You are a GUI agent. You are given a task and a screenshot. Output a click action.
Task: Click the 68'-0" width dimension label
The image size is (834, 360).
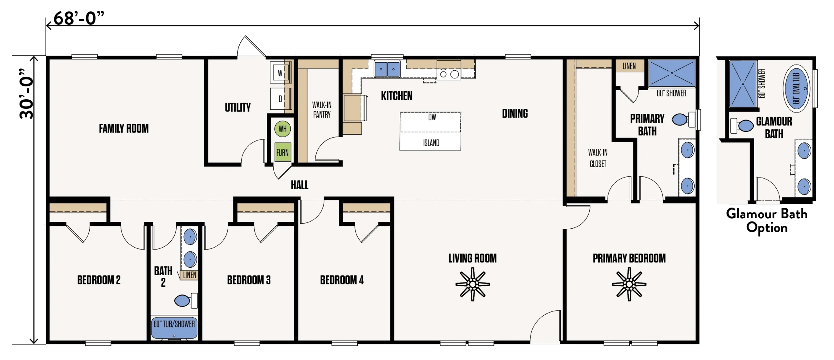(x=79, y=18)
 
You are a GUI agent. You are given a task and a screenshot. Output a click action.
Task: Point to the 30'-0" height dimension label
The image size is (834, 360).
(x=26, y=94)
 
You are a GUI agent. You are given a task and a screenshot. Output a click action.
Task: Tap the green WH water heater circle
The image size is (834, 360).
(x=282, y=129)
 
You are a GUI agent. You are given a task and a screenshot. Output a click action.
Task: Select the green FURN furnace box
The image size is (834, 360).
(x=282, y=152)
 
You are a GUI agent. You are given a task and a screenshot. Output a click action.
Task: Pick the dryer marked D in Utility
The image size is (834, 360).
(x=280, y=99)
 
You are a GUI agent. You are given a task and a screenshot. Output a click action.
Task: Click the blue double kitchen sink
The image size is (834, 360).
(x=387, y=69)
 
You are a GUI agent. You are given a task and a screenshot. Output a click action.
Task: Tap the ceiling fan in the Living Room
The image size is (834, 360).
(x=472, y=284)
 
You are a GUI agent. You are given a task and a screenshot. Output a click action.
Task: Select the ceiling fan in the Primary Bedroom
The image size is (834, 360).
(x=629, y=284)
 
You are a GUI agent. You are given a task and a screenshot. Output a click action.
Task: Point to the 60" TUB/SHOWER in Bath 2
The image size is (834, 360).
(x=174, y=328)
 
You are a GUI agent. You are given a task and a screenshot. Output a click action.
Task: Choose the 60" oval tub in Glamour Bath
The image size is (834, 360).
(x=796, y=88)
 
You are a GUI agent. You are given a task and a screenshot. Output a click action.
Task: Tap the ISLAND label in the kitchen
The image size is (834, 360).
(x=431, y=143)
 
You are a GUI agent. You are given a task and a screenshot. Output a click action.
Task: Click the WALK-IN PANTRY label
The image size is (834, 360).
(x=322, y=110)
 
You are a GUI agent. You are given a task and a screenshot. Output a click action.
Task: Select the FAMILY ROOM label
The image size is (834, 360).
(x=124, y=128)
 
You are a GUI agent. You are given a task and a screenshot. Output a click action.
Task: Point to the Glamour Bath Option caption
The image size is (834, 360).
(x=767, y=221)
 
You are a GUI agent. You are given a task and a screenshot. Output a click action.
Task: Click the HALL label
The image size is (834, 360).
(x=299, y=185)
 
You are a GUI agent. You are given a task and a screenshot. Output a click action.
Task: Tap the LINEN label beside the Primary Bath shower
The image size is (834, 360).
(x=629, y=66)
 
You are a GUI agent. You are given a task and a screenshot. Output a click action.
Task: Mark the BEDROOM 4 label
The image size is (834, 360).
(x=342, y=280)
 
